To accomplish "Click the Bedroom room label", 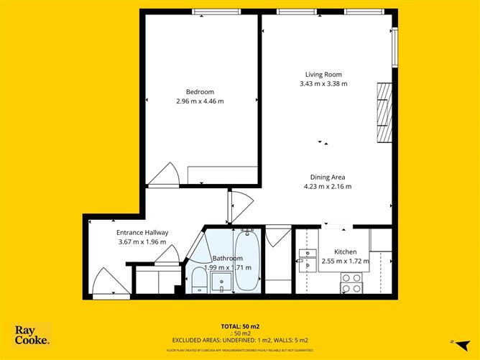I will point(200,91).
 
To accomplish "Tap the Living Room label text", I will point(323,74).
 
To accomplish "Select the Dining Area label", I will point(327,177).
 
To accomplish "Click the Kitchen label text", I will point(344,251).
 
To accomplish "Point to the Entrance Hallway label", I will point(142,233).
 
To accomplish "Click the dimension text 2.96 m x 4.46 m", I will point(200,101).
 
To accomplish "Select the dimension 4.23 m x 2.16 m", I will point(327,187).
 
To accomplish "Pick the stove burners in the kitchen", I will point(351,283).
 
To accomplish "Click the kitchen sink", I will point(308,259).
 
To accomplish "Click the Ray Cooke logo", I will point(32,336).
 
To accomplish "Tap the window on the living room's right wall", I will point(394,49).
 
